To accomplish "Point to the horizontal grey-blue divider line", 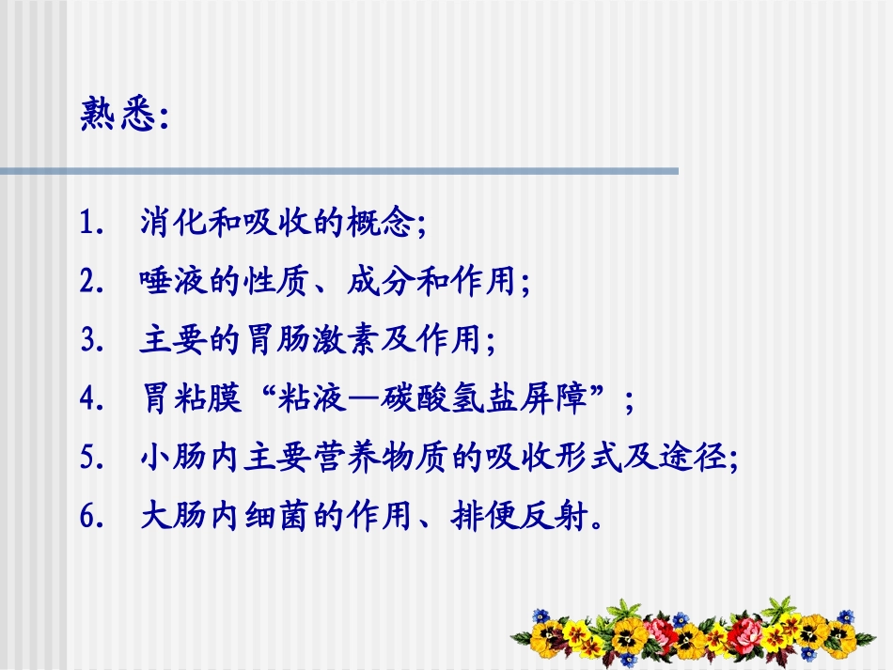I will coord(338,171).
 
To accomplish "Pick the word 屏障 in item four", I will coord(570,400).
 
